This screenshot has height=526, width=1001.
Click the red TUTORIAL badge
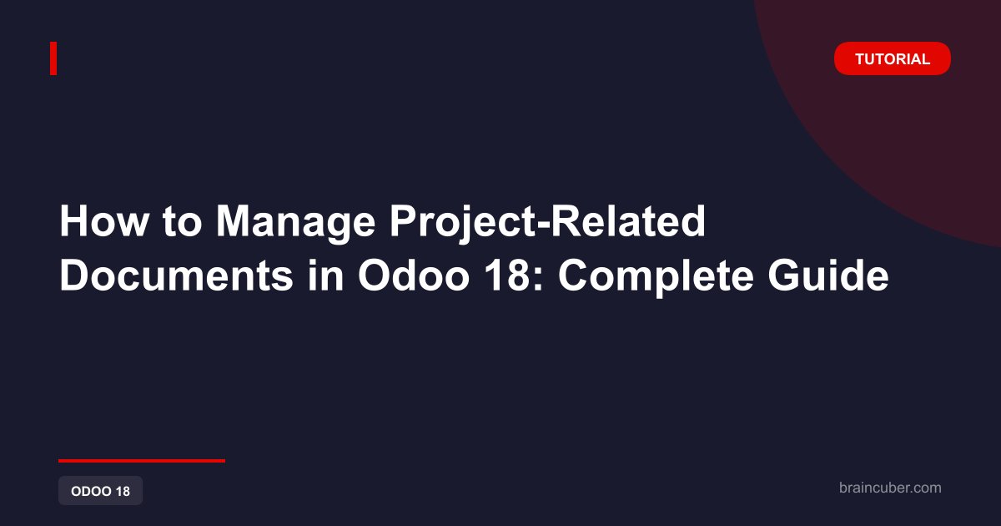[x=892, y=58]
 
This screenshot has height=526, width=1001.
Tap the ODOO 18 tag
[x=101, y=491]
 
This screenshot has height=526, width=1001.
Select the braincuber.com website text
[x=890, y=488]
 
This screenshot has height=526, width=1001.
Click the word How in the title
[x=103, y=221]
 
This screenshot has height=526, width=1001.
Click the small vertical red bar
[x=53, y=58]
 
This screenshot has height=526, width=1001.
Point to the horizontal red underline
[x=142, y=461]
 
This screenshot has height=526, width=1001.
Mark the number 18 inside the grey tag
[x=123, y=491]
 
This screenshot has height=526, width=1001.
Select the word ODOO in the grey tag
[x=91, y=491]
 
